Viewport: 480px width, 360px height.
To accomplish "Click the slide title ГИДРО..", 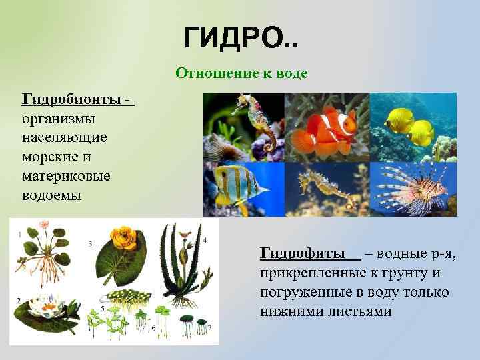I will [x=241, y=39].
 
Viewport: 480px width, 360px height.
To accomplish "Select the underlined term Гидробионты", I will [x=72, y=100].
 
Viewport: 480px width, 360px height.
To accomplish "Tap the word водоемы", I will [x=52, y=196].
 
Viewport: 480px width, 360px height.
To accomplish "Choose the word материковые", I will [x=67, y=177].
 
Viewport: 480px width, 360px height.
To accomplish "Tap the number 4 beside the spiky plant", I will [x=205, y=239].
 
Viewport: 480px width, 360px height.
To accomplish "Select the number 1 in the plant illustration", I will [x=19, y=233].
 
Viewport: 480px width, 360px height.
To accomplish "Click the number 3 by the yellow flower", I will [x=90, y=244].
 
